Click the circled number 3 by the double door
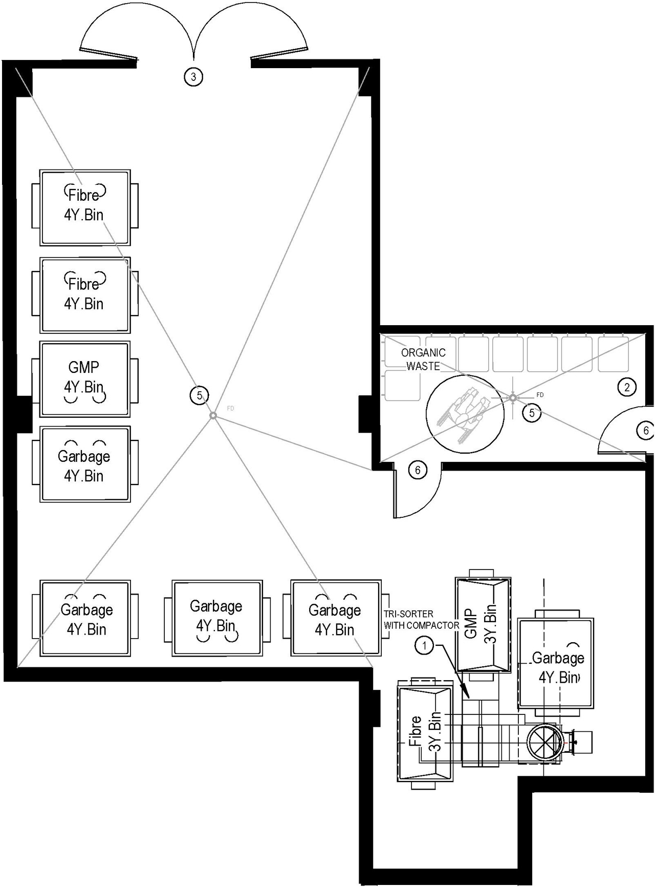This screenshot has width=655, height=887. coord(193,77)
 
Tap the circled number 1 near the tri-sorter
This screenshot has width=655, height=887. coord(424,646)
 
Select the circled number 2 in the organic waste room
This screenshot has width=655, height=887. coord(627,387)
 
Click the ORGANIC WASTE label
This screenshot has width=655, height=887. coord(423,359)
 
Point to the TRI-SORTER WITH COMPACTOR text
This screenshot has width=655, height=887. coord(421,620)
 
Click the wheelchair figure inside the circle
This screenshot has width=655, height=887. coord(465,413)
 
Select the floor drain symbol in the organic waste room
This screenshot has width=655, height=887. coord(513,397)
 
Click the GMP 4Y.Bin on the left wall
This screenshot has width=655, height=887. coord(84,379)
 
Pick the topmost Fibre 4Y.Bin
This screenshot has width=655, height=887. coord(84,207)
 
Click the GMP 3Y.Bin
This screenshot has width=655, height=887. coord(483,624)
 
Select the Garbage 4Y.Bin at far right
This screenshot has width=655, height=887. coord(556,664)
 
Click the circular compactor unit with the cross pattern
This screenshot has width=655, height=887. coord(544,743)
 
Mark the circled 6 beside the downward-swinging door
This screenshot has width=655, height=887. coord(418,470)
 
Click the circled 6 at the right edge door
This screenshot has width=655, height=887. coord(646,431)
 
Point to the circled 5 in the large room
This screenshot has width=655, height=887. coord(199,395)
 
